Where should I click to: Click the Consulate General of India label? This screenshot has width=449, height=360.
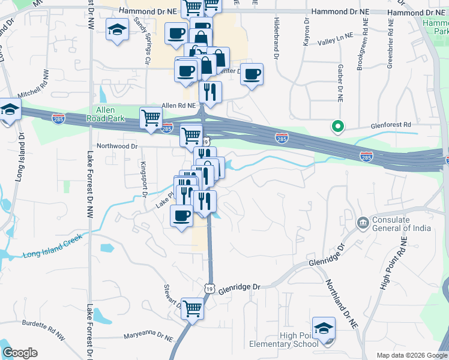(x=401, y=223)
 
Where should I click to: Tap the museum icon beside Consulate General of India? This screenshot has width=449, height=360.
(x=363, y=224)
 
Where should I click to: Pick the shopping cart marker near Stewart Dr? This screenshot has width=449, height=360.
(x=193, y=309)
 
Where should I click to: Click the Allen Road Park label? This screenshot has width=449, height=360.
(x=110, y=114)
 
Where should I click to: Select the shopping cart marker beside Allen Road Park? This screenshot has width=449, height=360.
(x=151, y=117)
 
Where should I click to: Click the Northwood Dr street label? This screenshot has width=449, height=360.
(x=118, y=146)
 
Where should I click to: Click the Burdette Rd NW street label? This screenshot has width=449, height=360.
(x=43, y=325)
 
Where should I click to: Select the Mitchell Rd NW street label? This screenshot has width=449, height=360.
(x=36, y=91)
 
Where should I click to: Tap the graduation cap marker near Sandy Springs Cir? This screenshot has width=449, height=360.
(x=118, y=29)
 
